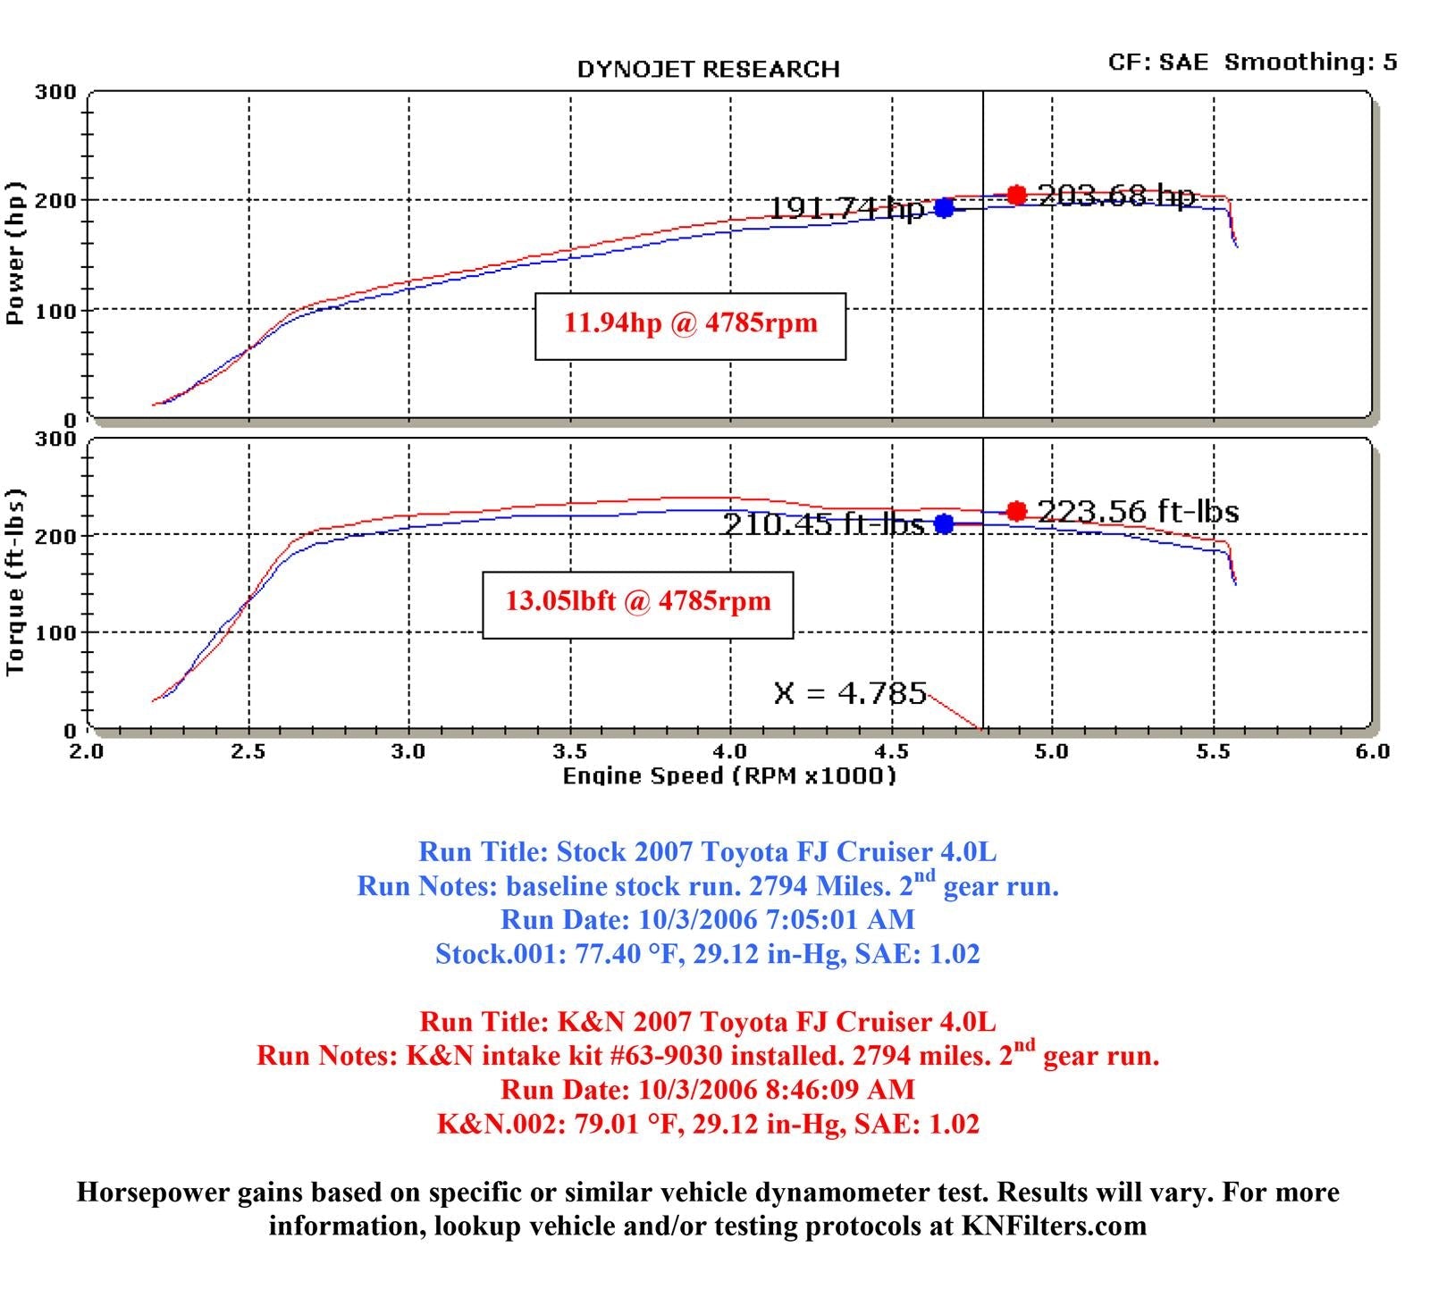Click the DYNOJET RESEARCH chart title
coord(708,70)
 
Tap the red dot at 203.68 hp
coord(1016,195)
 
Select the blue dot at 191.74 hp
coord(944,208)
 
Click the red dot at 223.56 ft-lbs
coord(1016,511)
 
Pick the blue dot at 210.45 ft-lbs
coord(944,523)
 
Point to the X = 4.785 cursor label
coord(850,693)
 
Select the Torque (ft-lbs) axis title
coord(16,582)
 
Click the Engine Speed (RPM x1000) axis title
coord(728,775)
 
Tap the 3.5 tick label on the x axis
coord(569,751)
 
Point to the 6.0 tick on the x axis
coord(1371,751)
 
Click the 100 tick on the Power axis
coord(55,310)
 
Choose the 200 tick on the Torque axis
coord(55,536)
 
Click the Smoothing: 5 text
coord(1310,62)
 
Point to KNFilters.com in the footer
coord(1054,1226)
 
